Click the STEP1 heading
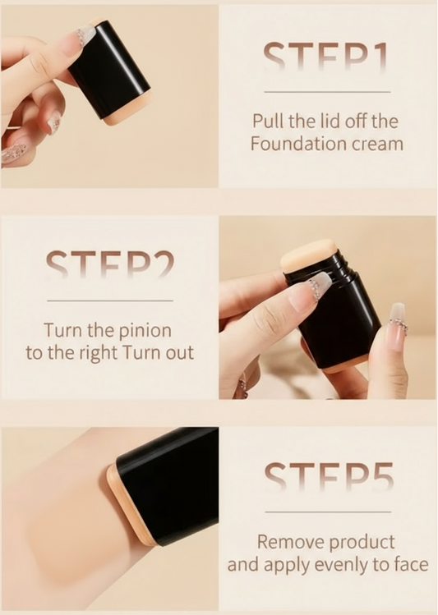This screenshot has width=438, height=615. coord(326,57)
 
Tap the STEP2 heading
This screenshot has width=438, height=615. coord(110,264)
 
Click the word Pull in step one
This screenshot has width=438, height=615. coord(269,122)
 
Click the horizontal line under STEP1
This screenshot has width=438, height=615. coord(327,92)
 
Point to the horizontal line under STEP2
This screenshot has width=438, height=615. coord(110,301)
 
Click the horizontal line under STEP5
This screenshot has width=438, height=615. coord(328,512)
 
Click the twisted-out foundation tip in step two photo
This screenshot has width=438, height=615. coord(309,255)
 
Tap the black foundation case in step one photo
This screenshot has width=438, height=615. coord(109,71)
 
